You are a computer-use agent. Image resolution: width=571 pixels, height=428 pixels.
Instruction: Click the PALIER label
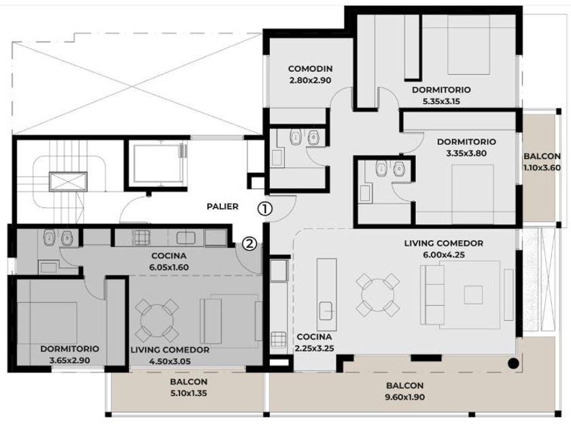coord(222,207)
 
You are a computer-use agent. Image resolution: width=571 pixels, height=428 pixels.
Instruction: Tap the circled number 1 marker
coord(264,209)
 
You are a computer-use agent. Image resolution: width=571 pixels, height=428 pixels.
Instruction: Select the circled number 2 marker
coord(249,243)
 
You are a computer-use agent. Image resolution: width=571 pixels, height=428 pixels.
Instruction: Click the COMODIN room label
coord(310,69)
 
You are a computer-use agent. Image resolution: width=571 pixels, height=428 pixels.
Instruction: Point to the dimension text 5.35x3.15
coord(441,101)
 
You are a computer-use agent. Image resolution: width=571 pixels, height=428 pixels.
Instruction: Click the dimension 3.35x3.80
coord(466,154)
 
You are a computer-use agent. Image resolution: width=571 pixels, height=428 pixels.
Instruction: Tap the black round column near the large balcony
coord(513,363)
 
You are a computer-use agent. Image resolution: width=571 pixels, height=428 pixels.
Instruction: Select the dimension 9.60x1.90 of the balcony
coord(405,397)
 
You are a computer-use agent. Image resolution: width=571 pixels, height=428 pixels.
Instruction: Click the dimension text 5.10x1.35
coord(189,393)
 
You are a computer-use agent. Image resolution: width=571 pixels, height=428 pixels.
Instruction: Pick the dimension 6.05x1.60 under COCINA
coord(169,268)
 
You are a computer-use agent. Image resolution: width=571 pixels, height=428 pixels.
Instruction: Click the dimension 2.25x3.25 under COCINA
coord(314,349)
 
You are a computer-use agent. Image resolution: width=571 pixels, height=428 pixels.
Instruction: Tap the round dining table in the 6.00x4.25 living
coord(378,295)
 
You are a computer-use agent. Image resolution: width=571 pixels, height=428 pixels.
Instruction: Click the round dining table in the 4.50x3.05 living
coord(157,321)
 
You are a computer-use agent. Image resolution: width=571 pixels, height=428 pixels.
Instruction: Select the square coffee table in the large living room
coord(473,295)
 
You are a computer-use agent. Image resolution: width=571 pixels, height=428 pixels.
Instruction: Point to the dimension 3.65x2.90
coord(69,360)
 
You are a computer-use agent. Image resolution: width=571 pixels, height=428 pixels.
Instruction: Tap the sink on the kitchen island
coord(326,311)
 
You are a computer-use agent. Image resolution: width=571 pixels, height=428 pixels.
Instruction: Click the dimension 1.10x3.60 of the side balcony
coord(542,168)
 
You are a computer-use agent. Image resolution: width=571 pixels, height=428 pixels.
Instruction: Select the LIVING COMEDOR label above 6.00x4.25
coord(443,243)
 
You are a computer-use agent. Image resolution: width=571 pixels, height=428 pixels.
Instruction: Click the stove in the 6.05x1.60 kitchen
coord(141,238)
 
